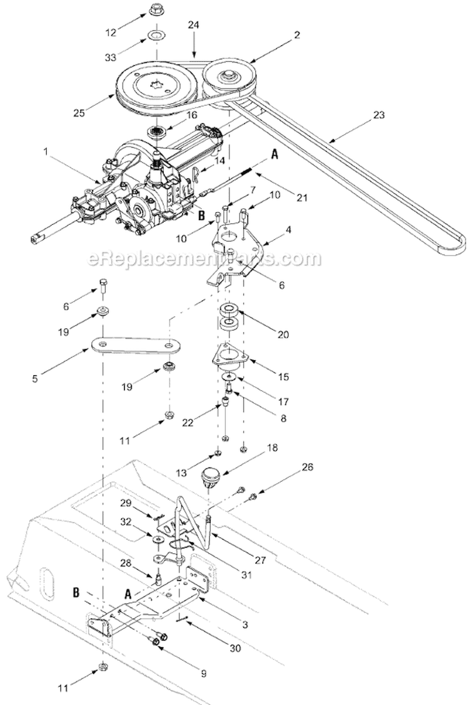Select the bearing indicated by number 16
155,132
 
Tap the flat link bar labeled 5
135,345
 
